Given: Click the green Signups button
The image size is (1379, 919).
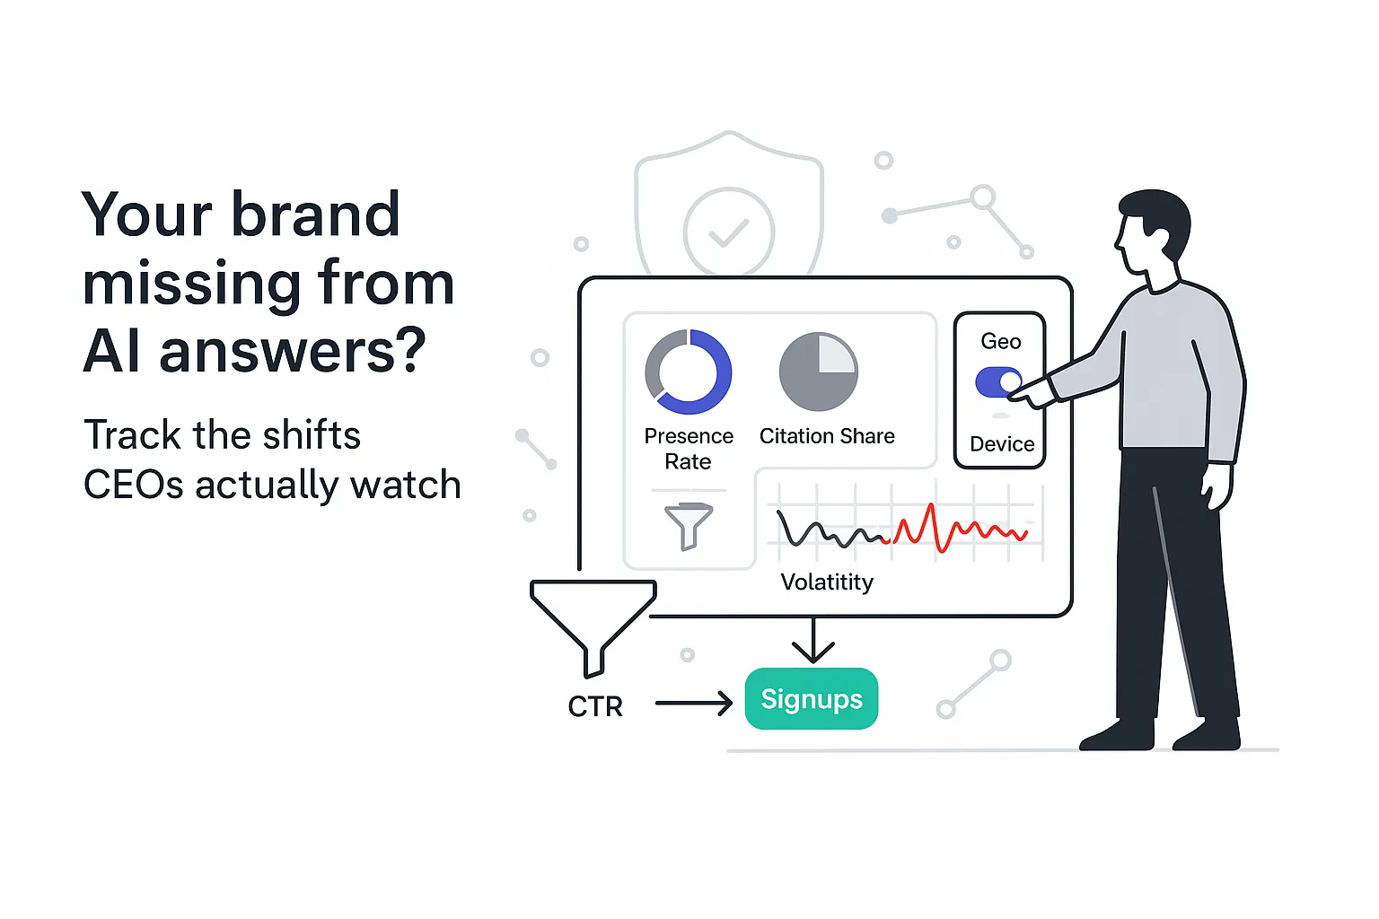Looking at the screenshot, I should coord(811,698).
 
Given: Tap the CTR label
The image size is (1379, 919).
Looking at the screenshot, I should coord(594,706).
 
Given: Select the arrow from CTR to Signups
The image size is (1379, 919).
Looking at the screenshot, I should coord(693,703).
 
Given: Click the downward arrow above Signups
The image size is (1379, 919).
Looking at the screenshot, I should coord(812,641).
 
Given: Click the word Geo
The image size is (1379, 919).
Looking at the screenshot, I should coord(1000,341).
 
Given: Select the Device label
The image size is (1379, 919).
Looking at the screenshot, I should coord(1002,444).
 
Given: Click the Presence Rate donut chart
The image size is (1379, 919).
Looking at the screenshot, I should coord(688,372).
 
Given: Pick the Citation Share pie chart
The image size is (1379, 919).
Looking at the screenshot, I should coord(818,372).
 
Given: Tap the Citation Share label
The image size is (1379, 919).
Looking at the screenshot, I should coord(827,436).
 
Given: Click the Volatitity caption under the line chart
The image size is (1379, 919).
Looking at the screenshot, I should coord(826,582).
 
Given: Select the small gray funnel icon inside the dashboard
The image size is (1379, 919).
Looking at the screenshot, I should coord(688,524).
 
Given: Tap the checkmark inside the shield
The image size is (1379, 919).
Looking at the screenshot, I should coord(728,232).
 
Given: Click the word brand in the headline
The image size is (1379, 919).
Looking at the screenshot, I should coord(315,215).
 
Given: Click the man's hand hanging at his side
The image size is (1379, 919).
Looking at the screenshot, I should coord(1217,486).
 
